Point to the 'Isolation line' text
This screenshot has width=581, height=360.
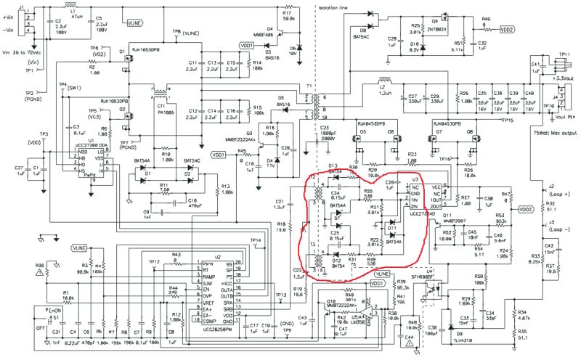pos(340,7)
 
